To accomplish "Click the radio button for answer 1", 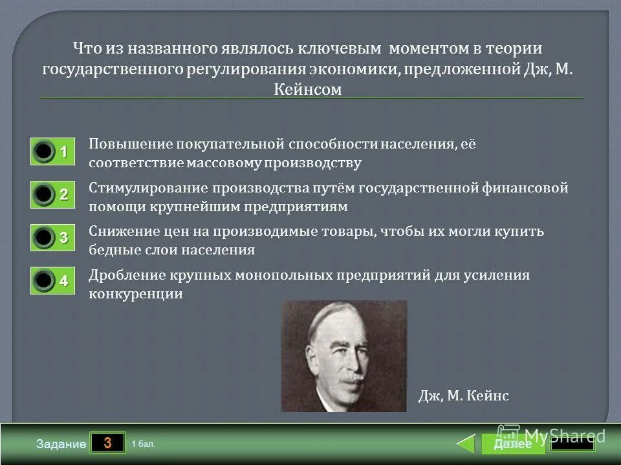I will point(44,152).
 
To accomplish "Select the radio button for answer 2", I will point(44,194).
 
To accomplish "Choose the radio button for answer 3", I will point(44,238).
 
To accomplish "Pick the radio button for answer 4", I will point(44,281).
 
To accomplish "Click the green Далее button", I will point(512,444).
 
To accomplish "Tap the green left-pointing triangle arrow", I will point(466,444).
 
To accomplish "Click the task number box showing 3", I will point(107,443).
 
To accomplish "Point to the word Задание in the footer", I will point(61,444).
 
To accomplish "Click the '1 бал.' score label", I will point(143,444).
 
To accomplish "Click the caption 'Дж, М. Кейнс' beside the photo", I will point(464,396).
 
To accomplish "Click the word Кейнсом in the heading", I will point(308,89).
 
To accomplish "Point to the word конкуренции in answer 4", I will point(136,294).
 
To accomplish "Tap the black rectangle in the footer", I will point(572,444).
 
